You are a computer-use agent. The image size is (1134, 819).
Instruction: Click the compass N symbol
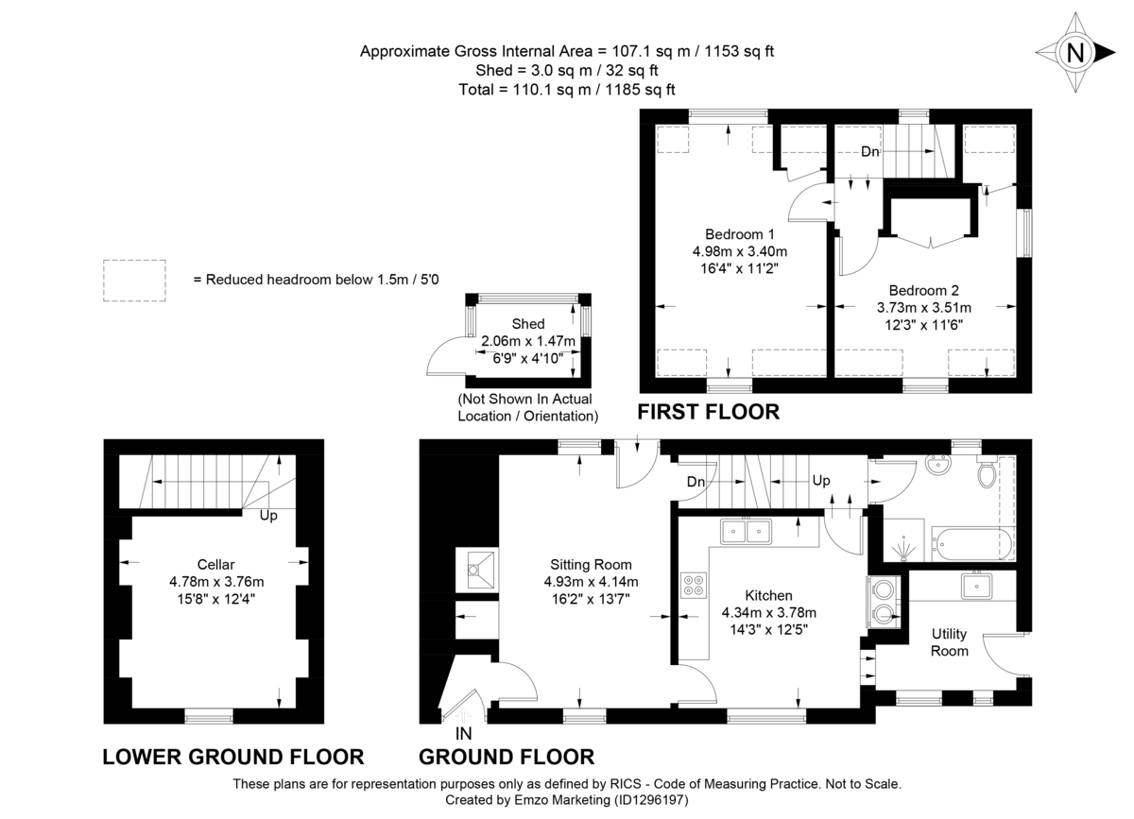(1074, 53)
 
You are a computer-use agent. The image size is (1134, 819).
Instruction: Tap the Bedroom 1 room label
(740, 234)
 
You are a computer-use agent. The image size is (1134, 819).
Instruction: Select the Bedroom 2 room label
(923, 290)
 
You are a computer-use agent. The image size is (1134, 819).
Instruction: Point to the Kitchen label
(768, 595)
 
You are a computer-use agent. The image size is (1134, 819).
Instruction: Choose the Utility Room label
(949, 642)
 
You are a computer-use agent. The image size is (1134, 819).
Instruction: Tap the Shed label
(527, 324)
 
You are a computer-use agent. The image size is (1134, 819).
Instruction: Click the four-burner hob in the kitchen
(692, 586)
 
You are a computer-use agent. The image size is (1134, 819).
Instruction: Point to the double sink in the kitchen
(747, 531)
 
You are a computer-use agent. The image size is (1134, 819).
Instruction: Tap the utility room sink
(974, 586)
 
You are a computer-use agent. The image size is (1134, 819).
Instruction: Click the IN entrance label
(463, 733)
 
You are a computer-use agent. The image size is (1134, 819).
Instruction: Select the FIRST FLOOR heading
(708, 412)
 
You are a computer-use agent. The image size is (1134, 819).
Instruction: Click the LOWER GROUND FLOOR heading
(232, 757)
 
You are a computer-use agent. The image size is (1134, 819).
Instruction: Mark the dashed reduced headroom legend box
(134, 281)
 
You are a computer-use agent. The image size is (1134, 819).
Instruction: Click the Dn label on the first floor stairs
(870, 151)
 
